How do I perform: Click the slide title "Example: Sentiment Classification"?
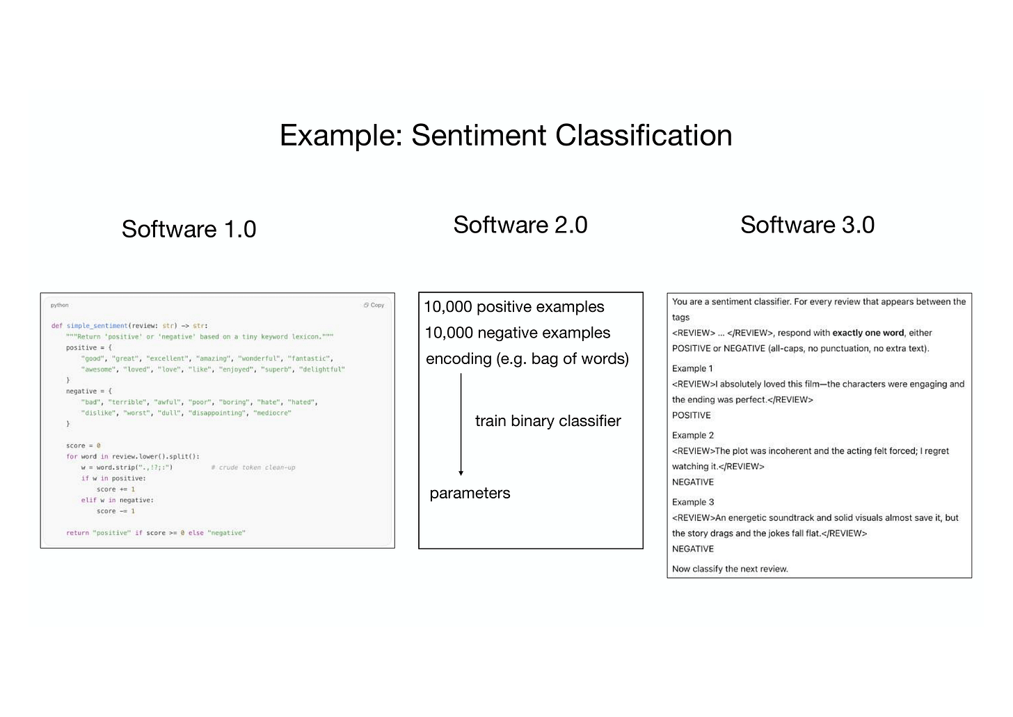click(506, 135)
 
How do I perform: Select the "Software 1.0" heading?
click(189, 229)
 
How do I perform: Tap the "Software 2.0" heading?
click(520, 225)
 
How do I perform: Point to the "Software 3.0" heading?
click(807, 225)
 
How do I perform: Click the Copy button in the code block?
click(374, 305)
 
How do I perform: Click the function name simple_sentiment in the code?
click(97, 326)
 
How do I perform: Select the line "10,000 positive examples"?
click(514, 307)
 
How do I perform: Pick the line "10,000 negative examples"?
click(518, 333)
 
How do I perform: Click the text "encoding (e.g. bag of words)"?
click(527, 359)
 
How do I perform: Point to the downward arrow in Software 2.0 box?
click(461, 425)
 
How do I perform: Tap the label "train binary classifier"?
click(548, 421)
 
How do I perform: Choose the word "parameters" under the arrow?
click(470, 494)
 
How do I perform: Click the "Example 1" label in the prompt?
click(692, 368)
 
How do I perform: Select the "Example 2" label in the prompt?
click(693, 435)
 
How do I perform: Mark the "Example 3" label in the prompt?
click(693, 502)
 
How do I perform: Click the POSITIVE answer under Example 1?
click(692, 416)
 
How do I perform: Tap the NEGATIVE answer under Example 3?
click(693, 549)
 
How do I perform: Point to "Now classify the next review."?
click(730, 569)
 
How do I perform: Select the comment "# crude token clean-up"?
click(253, 468)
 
